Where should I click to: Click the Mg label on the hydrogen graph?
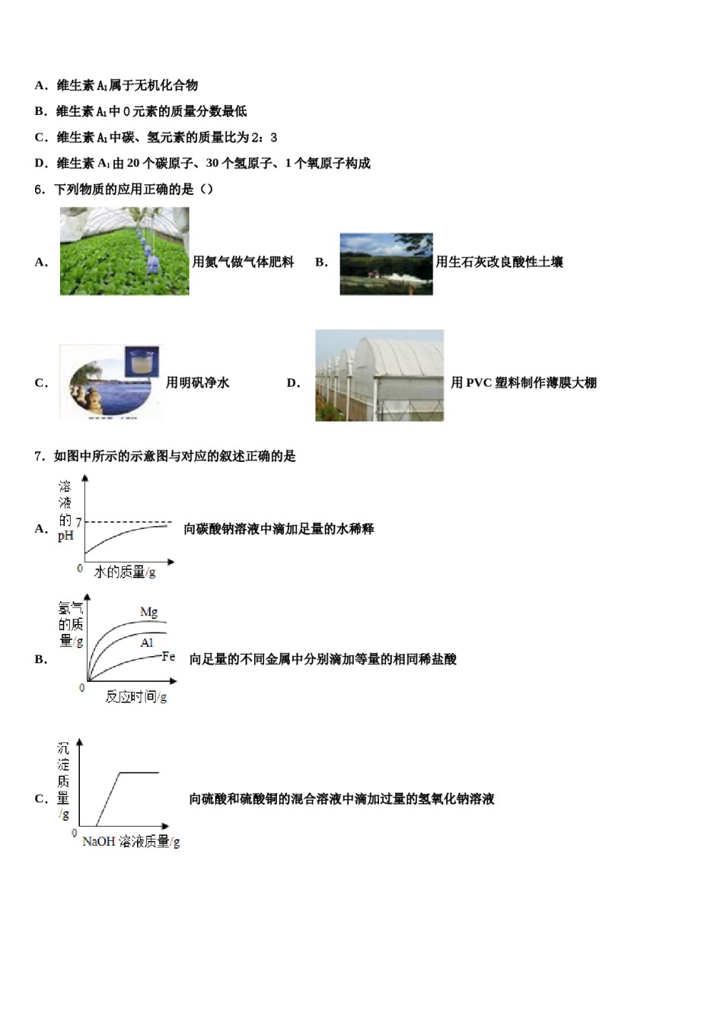pyautogui.click(x=149, y=612)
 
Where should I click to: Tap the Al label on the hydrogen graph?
pyautogui.click(x=147, y=643)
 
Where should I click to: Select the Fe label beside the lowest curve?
pyautogui.click(x=169, y=657)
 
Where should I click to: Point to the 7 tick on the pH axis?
pyautogui.click(x=78, y=523)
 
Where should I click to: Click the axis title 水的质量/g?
pyautogui.click(x=125, y=572)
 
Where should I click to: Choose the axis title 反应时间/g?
pyautogui.click(x=136, y=696)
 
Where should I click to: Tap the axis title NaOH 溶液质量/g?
pyautogui.click(x=131, y=842)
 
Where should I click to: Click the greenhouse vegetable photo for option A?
pyautogui.click(x=125, y=251)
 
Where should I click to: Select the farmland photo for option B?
pyautogui.click(x=386, y=264)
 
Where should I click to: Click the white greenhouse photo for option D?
pyautogui.click(x=379, y=375)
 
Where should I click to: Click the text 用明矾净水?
pyautogui.click(x=198, y=383)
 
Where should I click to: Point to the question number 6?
pyautogui.click(x=40, y=190)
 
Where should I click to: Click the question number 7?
pyautogui.click(x=40, y=457)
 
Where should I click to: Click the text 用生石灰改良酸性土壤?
pyautogui.click(x=499, y=262)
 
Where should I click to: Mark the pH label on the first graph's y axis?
pyautogui.click(x=66, y=536)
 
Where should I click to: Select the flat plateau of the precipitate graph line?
pyautogui.click(x=139, y=773)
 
